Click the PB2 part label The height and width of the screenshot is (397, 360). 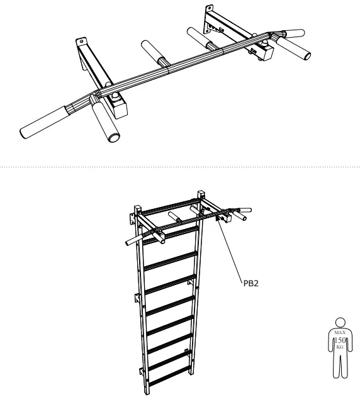[x=251, y=283]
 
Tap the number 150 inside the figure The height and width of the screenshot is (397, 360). [x=340, y=340]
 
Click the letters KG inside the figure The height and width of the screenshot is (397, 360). [x=340, y=347]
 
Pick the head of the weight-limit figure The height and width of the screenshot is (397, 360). [x=340, y=322]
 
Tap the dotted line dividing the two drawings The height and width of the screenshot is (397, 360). [x=180, y=167]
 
